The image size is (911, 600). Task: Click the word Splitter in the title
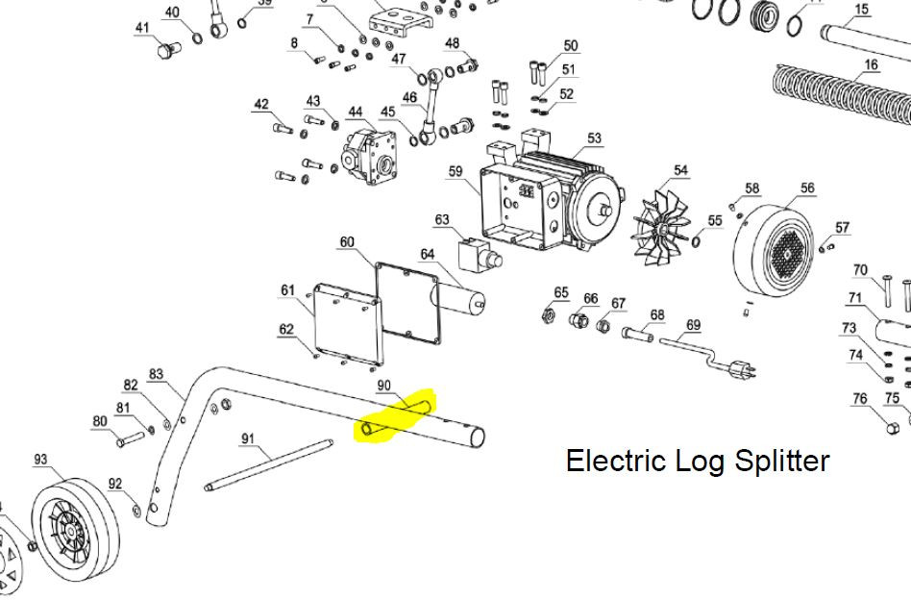click(781, 461)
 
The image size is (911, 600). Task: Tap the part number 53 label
click(594, 138)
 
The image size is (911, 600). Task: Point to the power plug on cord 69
click(741, 367)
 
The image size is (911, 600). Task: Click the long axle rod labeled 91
click(268, 465)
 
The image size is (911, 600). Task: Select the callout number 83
click(157, 374)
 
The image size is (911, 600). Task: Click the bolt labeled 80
click(130, 438)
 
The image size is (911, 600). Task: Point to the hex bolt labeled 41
click(167, 50)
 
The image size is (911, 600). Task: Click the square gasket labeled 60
click(407, 303)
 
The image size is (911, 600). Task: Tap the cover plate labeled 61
click(348, 323)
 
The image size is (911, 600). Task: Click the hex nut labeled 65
click(548, 315)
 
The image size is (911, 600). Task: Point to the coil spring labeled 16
click(844, 93)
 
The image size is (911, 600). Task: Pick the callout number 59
click(455, 171)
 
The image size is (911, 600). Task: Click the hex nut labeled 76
click(894, 428)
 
